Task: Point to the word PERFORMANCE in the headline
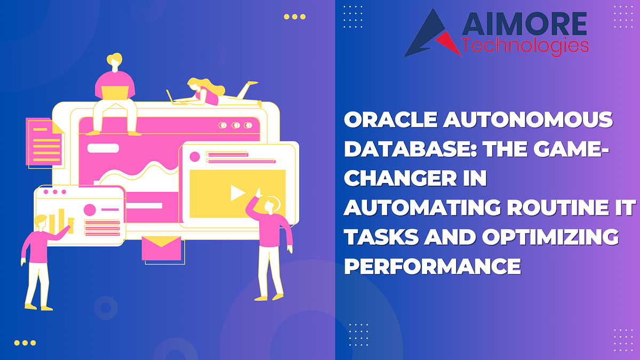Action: pos(432,265)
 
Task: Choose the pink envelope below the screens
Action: pos(161,247)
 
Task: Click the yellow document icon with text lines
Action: pos(46,140)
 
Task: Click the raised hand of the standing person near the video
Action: pos(258,193)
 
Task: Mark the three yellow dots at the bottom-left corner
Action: pos(25,343)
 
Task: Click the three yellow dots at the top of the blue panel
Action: pos(294,17)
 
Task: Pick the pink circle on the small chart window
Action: pos(90,210)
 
